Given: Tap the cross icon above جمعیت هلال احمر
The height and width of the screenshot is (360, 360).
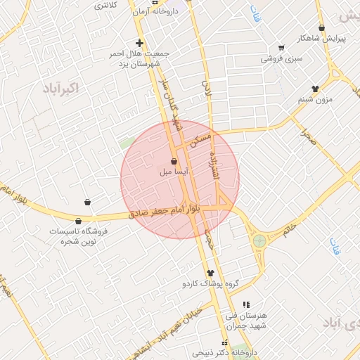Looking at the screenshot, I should point(139,43).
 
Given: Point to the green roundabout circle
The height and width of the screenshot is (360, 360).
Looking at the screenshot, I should point(259,240).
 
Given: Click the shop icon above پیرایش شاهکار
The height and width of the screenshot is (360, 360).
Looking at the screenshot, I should point(321,28).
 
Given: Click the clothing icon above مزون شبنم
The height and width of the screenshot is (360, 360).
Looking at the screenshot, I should point(315,89).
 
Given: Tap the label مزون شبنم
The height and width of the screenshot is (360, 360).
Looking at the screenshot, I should point(314,100).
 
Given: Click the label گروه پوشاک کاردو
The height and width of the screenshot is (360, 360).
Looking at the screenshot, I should point(210,283).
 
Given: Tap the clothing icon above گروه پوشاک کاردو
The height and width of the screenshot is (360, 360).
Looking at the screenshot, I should point(210,273).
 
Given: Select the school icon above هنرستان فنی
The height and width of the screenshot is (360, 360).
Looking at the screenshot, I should point(245,304).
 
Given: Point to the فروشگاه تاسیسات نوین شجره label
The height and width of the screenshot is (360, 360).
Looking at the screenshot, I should point(78,236).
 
